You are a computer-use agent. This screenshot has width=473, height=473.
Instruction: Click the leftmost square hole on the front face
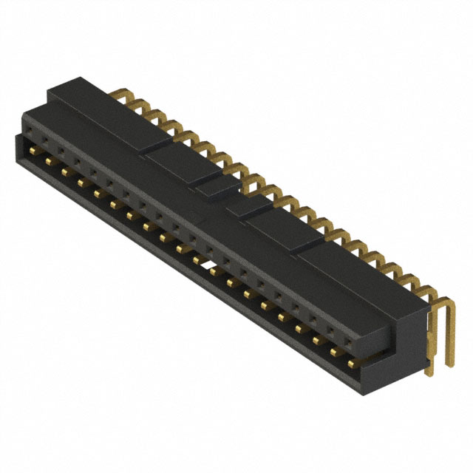(30, 135)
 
